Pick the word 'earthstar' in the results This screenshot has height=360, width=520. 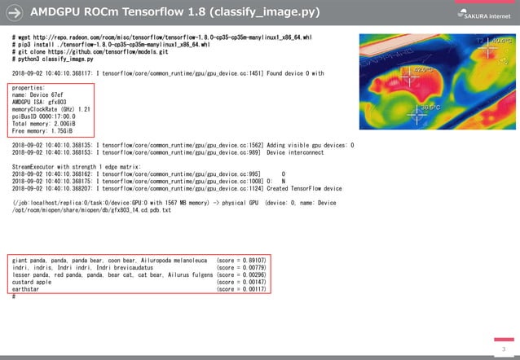27,289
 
